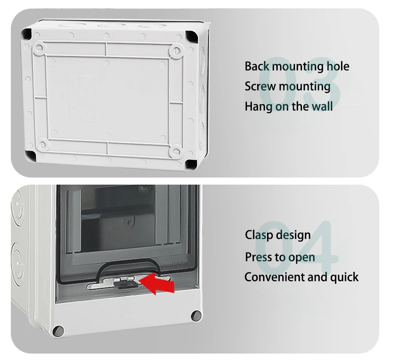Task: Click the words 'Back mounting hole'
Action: point(297,66)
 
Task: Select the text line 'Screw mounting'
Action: point(287,86)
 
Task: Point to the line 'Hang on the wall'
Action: point(288,107)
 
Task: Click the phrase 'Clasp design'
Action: point(278,235)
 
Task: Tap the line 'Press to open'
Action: point(280,257)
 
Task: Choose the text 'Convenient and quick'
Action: point(301,277)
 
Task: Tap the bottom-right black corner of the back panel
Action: point(191,164)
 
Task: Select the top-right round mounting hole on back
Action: point(176,51)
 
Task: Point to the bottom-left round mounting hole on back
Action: point(42,144)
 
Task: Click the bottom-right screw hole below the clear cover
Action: point(195,316)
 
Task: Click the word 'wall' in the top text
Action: point(322,107)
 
